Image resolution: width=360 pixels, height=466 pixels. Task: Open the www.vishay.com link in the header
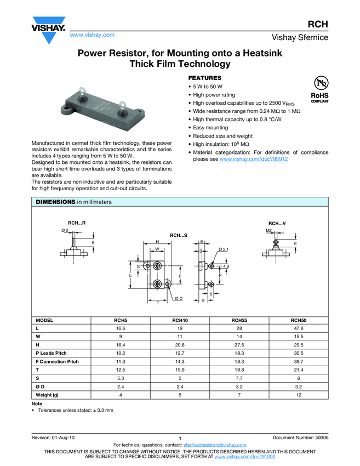(x=92, y=35)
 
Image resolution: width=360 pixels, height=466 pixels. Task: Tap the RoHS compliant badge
(x=319, y=89)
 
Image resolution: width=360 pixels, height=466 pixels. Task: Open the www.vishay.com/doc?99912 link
(x=253, y=158)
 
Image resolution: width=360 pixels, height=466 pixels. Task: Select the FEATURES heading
(x=205, y=78)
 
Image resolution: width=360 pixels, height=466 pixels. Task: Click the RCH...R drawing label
(x=76, y=223)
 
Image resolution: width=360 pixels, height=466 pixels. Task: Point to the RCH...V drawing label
(x=277, y=223)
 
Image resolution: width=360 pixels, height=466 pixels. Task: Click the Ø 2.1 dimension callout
(x=223, y=249)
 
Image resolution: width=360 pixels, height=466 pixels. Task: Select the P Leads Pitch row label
(x=51, y=353)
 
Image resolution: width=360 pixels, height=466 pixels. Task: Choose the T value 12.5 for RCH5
(x=121, y=370)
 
